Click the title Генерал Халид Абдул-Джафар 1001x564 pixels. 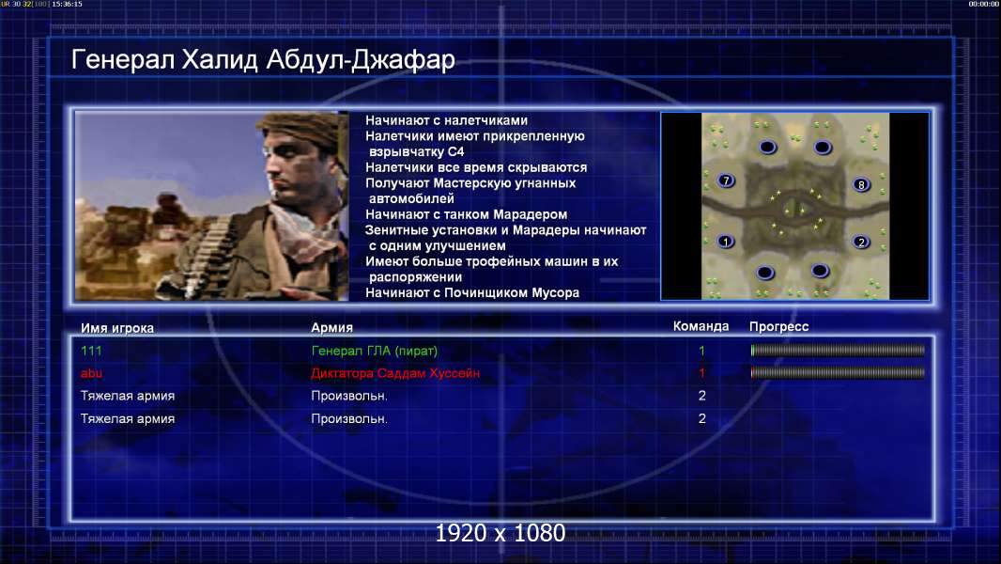(x=262, y=60)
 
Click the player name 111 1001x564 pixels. (x=91, y=351)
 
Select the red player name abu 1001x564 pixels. (x=91, y=373)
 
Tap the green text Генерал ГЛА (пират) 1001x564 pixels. (x=374, y=351)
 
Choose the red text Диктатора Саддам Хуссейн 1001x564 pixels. (x=395, y=373)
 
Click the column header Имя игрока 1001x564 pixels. (x=116, y=328)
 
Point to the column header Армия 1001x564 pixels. (x=332, y=327)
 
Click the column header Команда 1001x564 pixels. (x=701, y=326)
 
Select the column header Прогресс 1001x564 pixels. (x=778, y=326)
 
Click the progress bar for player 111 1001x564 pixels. (x=838, y=350)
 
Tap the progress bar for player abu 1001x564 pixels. (x=838, y=372)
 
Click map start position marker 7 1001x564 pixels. (x=726, y=180)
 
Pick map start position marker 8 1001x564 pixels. (x=861, y=184)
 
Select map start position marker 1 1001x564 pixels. (x=725, y=242)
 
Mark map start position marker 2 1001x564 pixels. (x=861, y=243)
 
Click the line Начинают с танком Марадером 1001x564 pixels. (x=466, y=214)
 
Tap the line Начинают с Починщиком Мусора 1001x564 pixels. (x=472, y=292)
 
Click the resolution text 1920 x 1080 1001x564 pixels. (x=500, y=533)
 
